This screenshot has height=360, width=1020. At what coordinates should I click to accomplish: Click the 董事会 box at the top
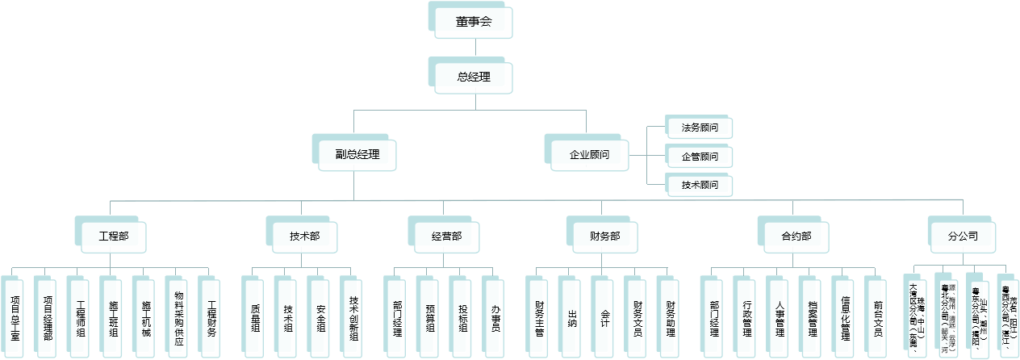point(474,23)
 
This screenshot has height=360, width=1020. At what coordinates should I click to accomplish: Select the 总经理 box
point(474,77)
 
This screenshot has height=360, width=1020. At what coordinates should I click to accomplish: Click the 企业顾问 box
point(589,154)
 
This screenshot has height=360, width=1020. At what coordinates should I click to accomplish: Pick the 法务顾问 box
point(700,128)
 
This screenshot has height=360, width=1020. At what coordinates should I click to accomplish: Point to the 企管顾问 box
point(700,157)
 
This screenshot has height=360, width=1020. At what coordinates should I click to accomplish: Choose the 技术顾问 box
point(700,186)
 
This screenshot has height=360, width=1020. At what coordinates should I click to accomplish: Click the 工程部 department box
point(113,237)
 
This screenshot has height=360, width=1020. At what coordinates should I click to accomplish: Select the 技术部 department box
point(304,237)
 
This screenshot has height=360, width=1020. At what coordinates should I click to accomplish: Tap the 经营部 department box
point(446,237)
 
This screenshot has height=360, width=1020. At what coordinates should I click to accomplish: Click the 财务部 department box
point(604,237)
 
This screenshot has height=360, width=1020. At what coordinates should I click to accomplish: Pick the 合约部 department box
point(796,237)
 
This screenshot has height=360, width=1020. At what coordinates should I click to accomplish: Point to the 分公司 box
point(963,237)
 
